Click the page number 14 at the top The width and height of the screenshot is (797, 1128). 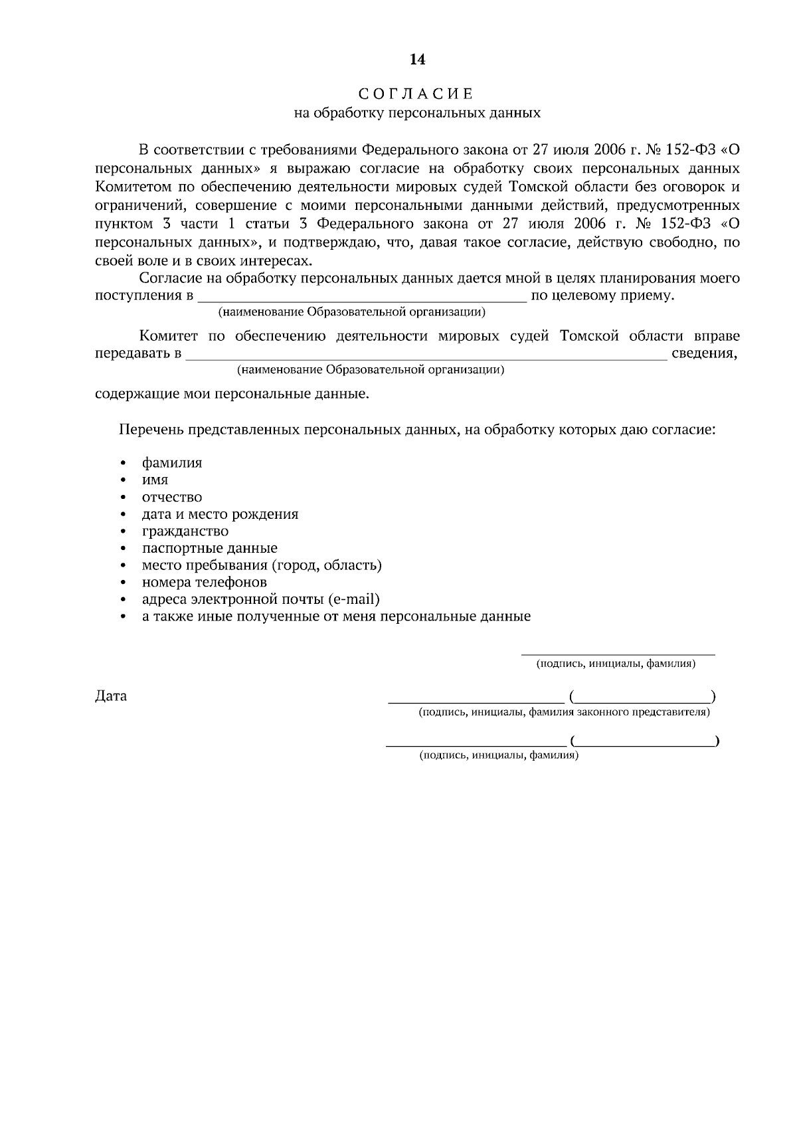(417, 60)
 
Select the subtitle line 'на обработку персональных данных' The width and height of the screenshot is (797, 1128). (417, 113)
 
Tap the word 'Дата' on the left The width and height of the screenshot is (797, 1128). (111, 696)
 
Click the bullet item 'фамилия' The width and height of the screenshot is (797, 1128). (172, 463)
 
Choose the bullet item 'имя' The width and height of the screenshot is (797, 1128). (155, 480)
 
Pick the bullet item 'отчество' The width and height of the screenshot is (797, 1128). (172, 497)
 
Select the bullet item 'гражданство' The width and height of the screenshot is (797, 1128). (185, 531)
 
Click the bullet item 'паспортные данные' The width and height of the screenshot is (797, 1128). (210, 548)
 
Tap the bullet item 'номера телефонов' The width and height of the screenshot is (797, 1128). (205, 582)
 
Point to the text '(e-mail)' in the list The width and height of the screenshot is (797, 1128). (355, 599)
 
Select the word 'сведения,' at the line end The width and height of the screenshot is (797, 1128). (705, 353)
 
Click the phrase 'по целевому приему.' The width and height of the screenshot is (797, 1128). (603, 296)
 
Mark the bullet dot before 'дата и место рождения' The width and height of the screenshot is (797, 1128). (124, 515)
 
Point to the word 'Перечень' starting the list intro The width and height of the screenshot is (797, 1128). (151, 430)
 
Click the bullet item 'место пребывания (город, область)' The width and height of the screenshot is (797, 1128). (262, 565)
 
